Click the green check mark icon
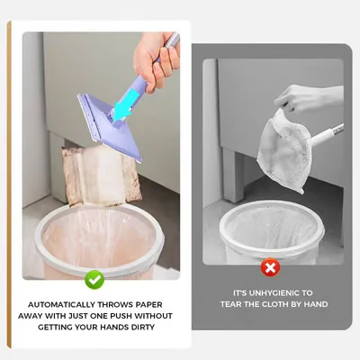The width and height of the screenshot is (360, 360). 94,279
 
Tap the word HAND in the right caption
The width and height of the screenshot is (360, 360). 312,304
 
